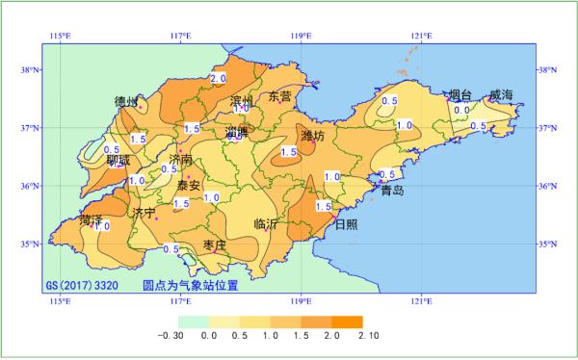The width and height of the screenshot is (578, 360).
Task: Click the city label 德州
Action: pos(126,101)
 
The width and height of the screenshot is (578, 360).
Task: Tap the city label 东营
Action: pos(279,96)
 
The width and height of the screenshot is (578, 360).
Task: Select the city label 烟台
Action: pos(460,95)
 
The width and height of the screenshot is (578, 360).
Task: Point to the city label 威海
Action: pos(501,95)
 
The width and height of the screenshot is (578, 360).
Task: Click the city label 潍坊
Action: pos(312,137)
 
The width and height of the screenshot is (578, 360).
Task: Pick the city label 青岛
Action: pos(393,191)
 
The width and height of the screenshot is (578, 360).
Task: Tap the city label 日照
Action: pos(345,223)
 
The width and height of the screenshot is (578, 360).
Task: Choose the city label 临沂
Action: pos(266,223)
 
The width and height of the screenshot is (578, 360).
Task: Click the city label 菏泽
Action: pos(92,221)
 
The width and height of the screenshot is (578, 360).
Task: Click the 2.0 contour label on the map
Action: pos(217,78)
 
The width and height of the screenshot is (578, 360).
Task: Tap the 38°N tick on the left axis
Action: pos(29,70)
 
